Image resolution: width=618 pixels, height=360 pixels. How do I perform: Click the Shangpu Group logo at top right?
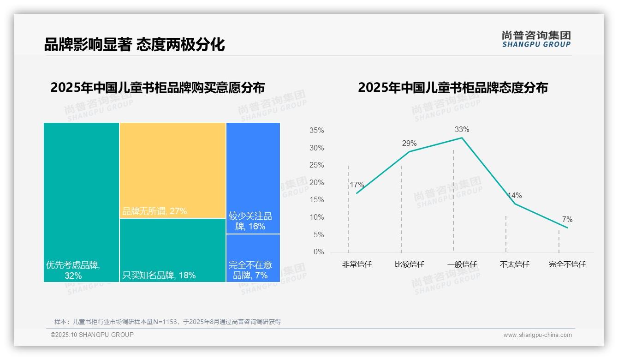tap(536, 39)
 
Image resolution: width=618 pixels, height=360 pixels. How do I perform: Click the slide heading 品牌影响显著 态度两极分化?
tap(134, 44)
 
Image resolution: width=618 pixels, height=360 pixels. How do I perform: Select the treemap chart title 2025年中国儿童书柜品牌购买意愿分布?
tap(157, 88)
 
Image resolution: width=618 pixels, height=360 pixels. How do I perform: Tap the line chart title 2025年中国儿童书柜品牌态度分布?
tap(452, 88)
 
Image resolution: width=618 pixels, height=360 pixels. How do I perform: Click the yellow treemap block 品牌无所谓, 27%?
tap(172, 170)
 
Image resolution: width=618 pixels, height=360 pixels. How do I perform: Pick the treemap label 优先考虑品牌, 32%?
tap(73, 270)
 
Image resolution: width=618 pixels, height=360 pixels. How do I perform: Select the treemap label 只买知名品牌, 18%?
tap(159, 276)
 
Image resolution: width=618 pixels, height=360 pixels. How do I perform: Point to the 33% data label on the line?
tap(462, 129)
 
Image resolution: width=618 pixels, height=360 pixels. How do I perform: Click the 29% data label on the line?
tap(409, 143)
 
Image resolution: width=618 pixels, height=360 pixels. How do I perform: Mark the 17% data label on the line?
tap(357, 185)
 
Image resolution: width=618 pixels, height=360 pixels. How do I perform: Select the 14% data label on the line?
tap(514, 196)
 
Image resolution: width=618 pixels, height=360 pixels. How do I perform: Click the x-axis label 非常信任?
tap(357, 264)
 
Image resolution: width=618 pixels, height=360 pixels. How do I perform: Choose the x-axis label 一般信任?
tap(462, 264)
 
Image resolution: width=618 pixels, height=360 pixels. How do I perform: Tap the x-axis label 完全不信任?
tap(567, 264)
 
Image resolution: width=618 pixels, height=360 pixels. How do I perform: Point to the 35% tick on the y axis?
tap(316, 131)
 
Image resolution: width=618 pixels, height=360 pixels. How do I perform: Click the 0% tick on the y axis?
tap(318, 252)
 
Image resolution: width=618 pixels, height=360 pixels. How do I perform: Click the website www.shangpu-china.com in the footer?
tap(537, 335)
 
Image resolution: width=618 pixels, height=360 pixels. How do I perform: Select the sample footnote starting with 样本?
tap(167, 322)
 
